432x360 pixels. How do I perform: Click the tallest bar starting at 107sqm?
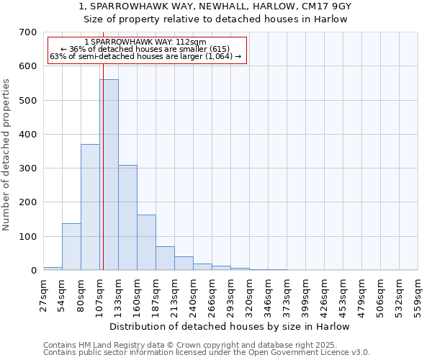pos(109,175)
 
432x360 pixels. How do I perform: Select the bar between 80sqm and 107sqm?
pos(90,207)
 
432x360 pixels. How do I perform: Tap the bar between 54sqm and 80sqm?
pos(71,247)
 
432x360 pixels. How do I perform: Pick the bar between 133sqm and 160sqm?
pos(127,217)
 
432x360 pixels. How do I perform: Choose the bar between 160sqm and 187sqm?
pos(146,243)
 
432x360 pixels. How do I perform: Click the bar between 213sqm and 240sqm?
pos(184,264)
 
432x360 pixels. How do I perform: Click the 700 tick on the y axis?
pos(28,32)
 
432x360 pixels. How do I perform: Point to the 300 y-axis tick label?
pos(28,168)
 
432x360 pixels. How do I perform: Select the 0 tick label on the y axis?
pos(33,271)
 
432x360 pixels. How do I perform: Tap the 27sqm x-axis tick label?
pos(44,291)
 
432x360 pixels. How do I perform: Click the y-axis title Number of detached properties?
pos(7,155)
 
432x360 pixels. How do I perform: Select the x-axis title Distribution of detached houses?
pos(231,326)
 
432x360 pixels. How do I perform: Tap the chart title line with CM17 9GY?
pos(215,6)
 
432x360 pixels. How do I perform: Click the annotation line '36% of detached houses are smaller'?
pos(146,49)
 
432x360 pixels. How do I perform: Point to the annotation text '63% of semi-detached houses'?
pos(146,56)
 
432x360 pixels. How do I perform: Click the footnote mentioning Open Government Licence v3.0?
pos(207,353)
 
